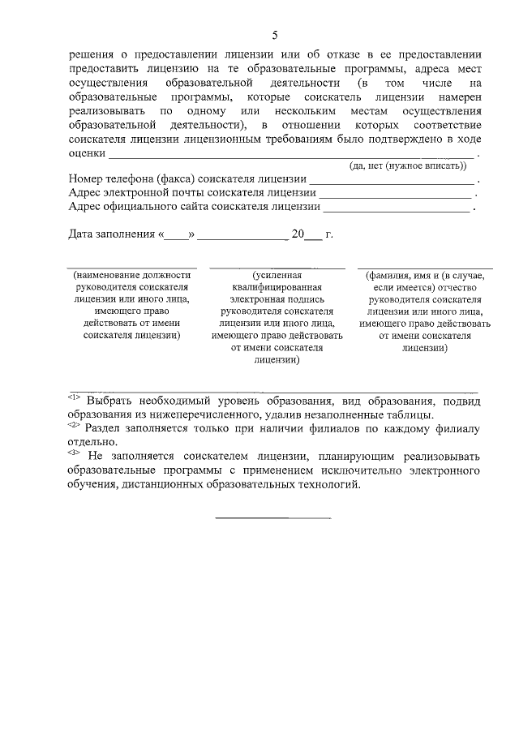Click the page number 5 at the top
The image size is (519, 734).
coord(274,35)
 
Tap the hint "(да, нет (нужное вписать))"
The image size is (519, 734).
coord(407,165)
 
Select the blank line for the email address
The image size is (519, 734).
coord(395,195)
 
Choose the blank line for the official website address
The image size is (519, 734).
coord(397,209)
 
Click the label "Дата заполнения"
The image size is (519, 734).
coord(111,234)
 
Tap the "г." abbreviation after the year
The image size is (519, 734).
coord(328,234)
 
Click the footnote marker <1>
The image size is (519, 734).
coord(73,397)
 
